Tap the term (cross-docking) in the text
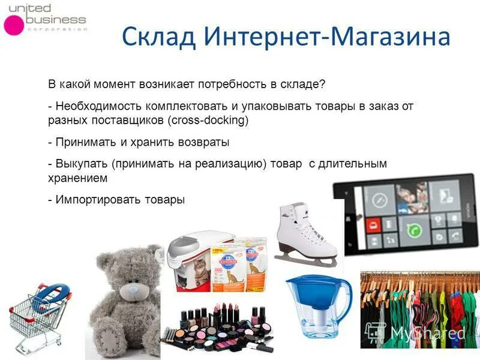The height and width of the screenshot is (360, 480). (209, 120)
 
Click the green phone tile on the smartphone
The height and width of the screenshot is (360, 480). (412, 230)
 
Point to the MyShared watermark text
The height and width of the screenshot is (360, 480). (427, 333)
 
